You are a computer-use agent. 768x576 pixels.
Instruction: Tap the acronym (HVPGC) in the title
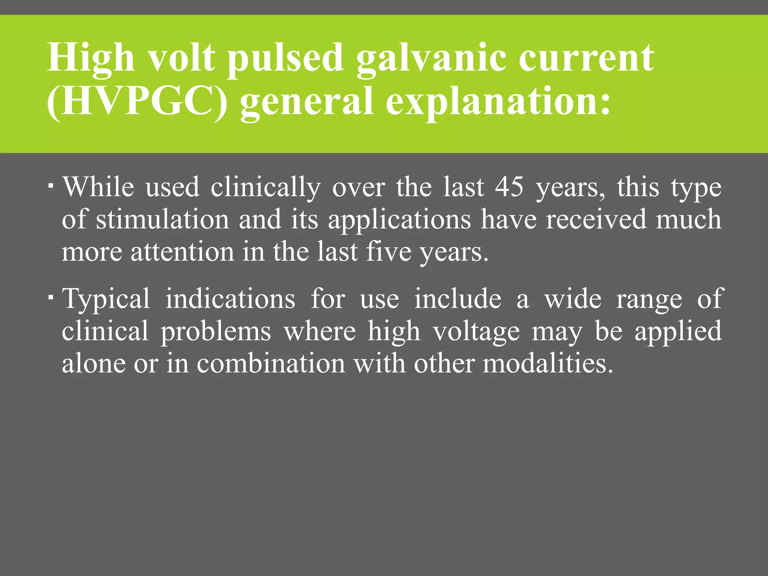(137, 101)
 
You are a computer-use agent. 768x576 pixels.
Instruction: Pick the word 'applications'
(399, 220)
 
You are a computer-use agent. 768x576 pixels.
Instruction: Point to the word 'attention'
(182, 252)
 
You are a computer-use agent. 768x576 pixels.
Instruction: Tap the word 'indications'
(230, 299)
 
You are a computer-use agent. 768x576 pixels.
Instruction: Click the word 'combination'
(271, 363)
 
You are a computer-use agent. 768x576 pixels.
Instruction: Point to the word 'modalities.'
(548, 363)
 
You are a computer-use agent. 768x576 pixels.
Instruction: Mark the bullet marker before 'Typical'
(51, 297)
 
